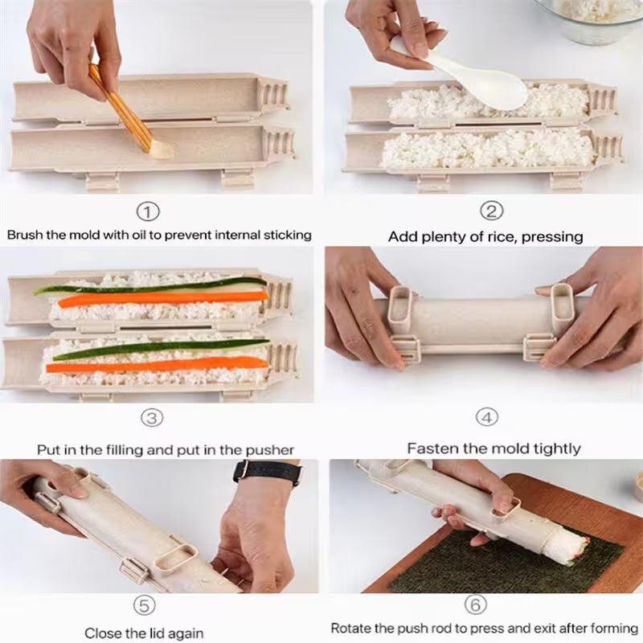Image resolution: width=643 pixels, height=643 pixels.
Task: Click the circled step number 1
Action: [x=148, y=212]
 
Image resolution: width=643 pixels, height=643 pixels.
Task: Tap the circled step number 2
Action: [x=491, y=211]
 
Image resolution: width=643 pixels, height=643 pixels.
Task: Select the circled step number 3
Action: [x=153, y=418]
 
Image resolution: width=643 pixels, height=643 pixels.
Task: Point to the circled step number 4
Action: [x=487, y=417]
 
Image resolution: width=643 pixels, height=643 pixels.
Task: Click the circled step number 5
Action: [x=144, y=604]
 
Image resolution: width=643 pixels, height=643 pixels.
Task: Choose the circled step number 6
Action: [x=475, y=604]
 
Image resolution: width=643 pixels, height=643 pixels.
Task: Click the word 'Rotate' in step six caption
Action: [x=351, y=628]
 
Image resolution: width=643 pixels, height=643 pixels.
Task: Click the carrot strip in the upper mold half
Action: [x=161, y=298]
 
